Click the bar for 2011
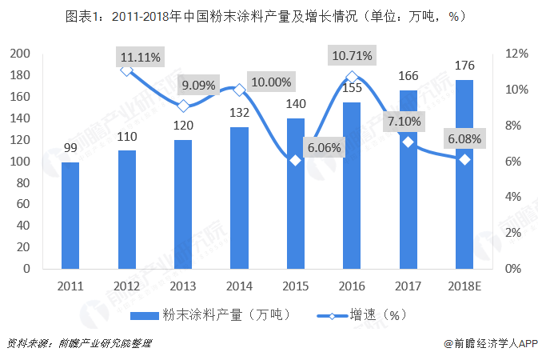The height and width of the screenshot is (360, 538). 70,215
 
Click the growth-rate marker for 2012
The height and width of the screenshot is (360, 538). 126,70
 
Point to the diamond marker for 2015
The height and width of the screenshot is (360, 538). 296,160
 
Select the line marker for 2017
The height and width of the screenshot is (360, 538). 408,142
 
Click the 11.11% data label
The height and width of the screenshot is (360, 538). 140,57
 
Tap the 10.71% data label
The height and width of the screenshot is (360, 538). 353,56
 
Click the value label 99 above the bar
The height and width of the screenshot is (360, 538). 70,147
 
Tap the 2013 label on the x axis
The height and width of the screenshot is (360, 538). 183,285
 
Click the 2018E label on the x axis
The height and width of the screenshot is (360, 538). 464,285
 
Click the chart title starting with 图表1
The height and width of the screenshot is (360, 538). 269,16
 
